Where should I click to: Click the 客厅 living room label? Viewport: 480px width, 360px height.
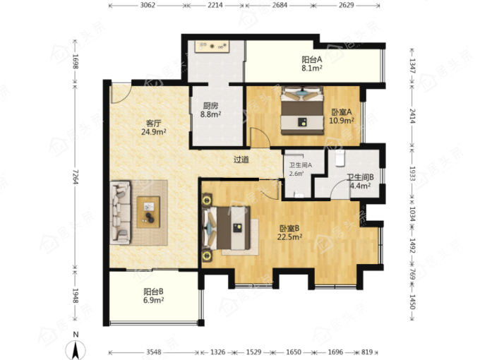tap(153, 124)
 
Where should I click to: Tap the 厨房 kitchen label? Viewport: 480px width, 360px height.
tap(210, 106)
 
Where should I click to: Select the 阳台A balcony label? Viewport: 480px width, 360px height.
tap(312, 59)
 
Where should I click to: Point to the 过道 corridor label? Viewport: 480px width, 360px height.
tap(241, 160)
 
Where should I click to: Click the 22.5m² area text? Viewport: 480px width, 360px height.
tap(289, 237)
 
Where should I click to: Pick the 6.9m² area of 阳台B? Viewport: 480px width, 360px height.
tap(153, 300)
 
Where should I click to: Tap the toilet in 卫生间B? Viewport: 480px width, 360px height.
tap(340, 158)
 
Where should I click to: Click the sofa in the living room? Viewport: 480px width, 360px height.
tap(120, 212)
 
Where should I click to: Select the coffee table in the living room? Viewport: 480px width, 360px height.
tap(148, 212)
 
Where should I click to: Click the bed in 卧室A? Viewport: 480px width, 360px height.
tap(302, 111)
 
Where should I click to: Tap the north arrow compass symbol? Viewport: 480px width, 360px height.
tap(76, 347)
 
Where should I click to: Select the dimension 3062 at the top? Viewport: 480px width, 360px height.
tap(148, 5)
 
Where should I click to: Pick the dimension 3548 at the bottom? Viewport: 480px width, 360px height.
tap(153, 352)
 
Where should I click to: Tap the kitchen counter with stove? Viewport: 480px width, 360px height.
tap(212, 47)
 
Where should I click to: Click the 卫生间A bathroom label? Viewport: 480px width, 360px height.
tap(301, 165)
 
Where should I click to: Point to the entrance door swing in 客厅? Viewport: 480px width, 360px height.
tap(121, 93)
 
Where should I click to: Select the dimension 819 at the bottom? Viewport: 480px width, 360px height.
tap(367, 352)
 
